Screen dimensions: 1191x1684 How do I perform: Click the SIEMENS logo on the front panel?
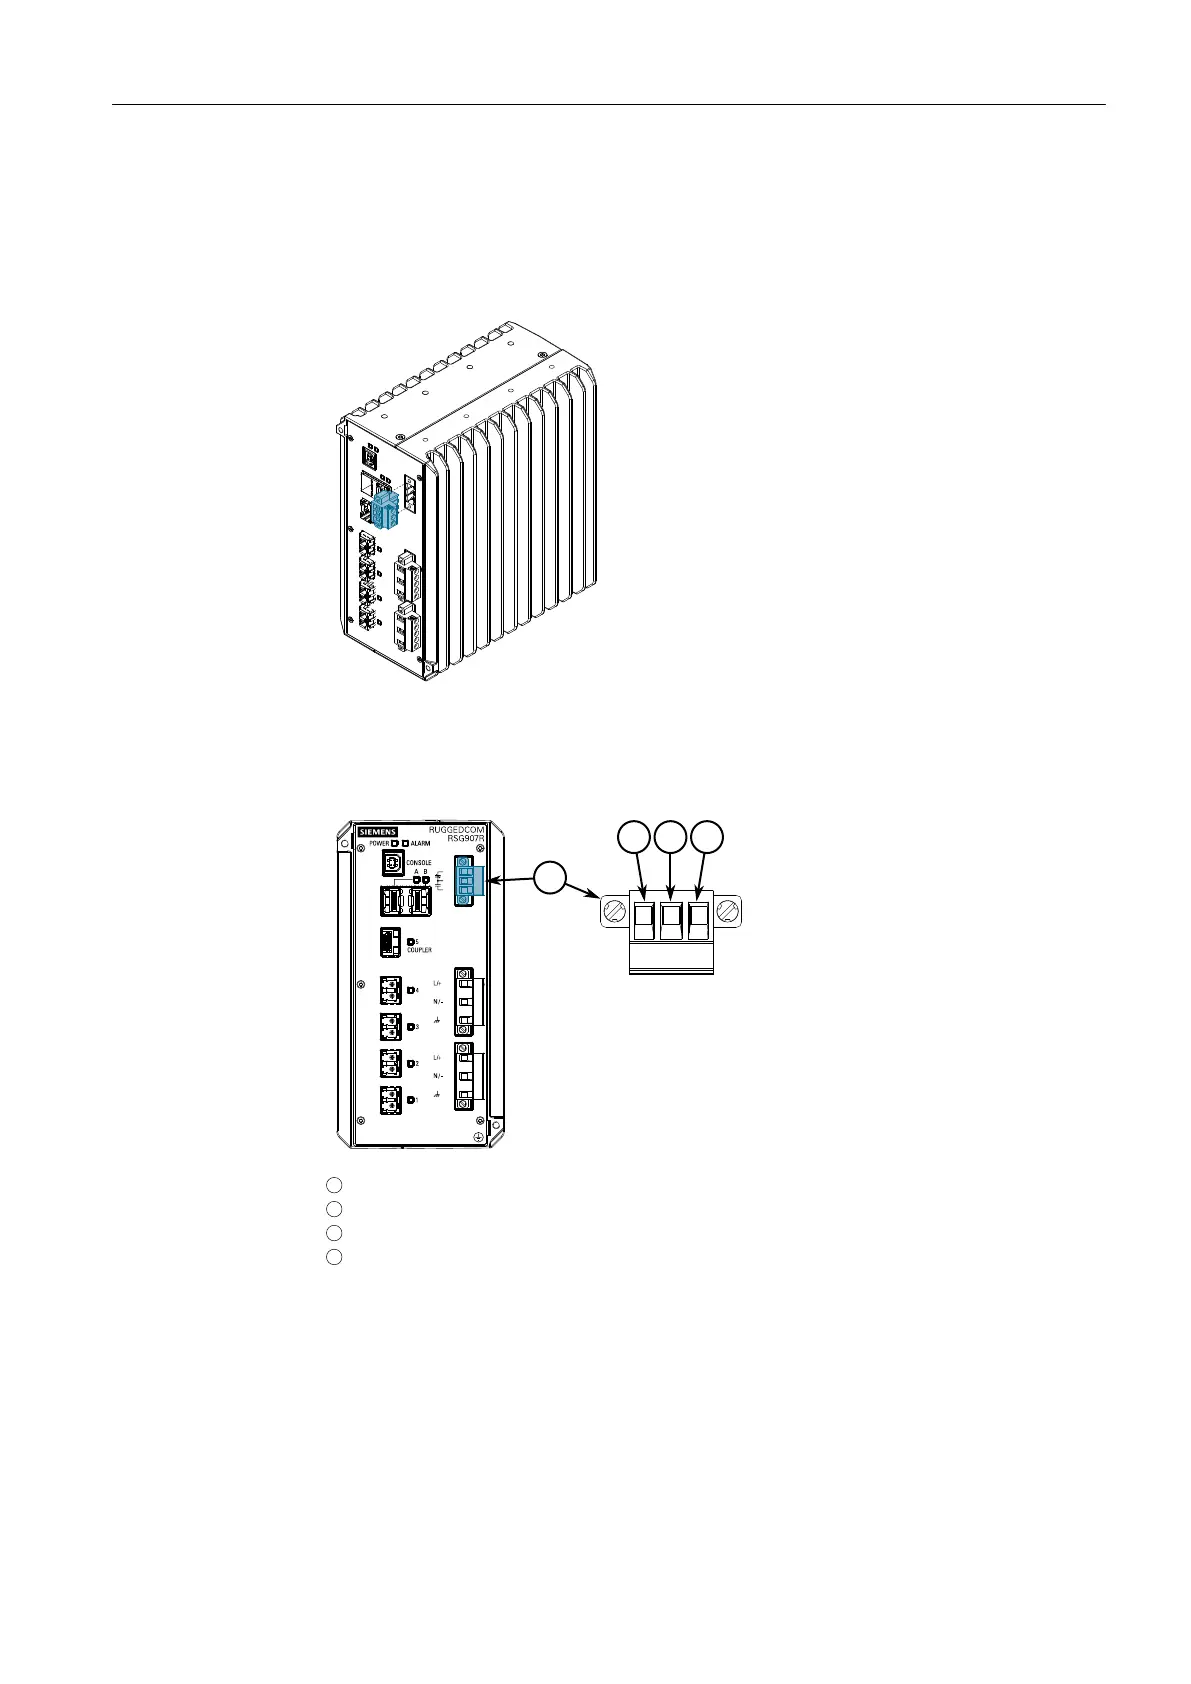[378, 832]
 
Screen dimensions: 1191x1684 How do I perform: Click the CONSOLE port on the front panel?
[393, 862]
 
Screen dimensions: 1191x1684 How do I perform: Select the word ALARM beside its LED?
[421, 843]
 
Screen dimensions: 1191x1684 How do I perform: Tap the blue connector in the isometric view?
[386, 509]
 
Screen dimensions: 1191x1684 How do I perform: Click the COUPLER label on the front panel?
[420, 950]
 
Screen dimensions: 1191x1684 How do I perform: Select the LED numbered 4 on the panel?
[411, 990]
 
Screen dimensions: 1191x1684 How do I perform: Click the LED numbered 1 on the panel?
[411, 1100]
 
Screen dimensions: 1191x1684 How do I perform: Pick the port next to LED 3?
[391, 1027]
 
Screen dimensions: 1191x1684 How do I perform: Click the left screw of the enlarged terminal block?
[612, 912]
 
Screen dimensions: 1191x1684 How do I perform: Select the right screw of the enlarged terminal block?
[731, 912]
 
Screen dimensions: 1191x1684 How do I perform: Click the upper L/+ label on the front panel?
[438, 983]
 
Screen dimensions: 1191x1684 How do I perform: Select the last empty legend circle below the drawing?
[334, 1257]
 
